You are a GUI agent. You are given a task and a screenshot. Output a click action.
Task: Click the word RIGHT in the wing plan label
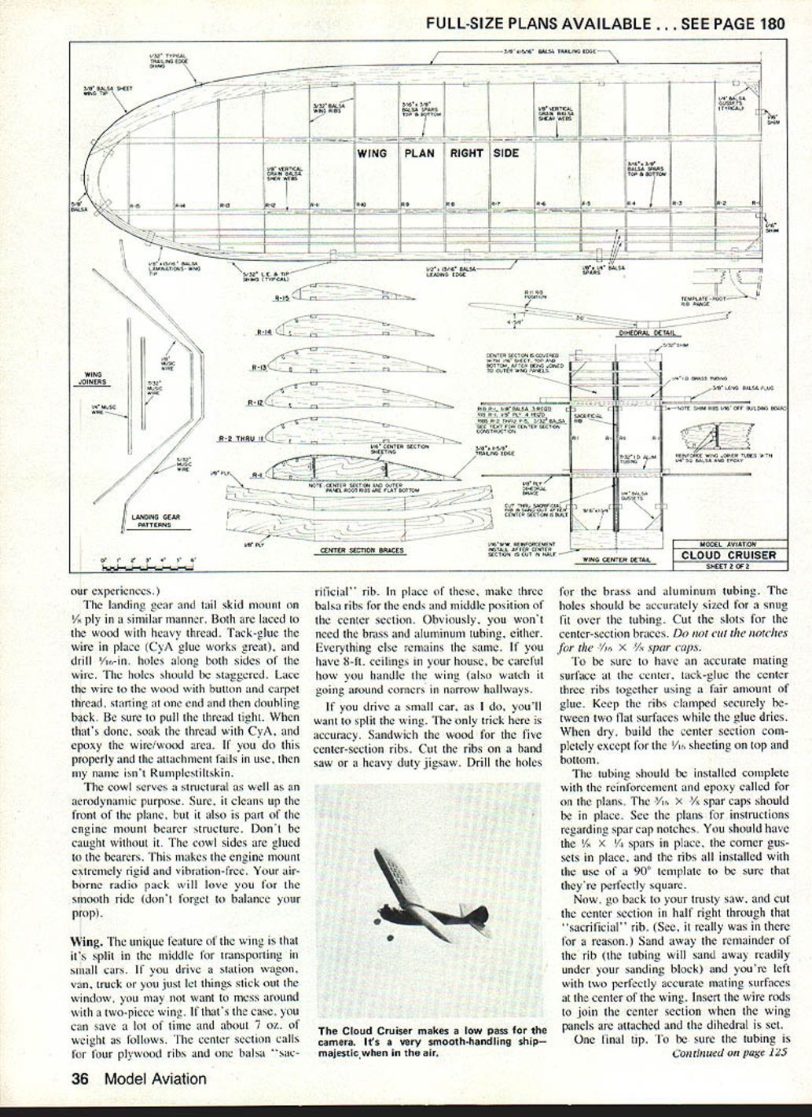pyautogui.click(x=466, y=153)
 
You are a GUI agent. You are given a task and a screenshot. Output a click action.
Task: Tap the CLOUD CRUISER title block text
pyautogui.click(x=728, y=555)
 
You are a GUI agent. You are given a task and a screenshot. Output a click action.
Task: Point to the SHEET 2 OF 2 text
pyautogui.click(x=728, y=565)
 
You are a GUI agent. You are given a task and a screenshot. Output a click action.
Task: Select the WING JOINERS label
pyautogui.click(x=93, y=378)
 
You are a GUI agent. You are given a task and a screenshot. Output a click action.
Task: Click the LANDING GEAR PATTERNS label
pyautogui.click(x=149, y=520)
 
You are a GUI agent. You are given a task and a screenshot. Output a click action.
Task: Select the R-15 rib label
pyautogui.click(x=282, y=299)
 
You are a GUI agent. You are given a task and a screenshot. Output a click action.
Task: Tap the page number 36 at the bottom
pyautogui.click(x=79, y=1079)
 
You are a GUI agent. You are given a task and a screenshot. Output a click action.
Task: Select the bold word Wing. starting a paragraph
pyautogui.click(x=86, y=941)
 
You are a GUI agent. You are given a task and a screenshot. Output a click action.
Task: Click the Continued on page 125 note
pyautogui.click(x=729, y=1053)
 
